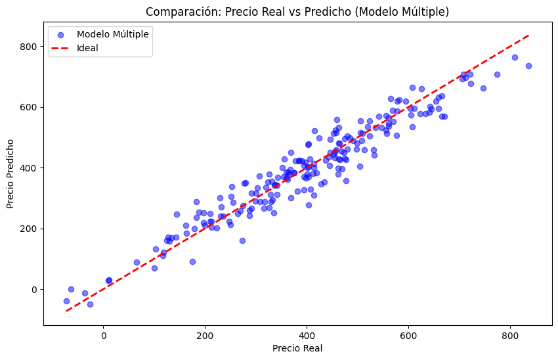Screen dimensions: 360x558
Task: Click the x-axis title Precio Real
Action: [x=297, y=348]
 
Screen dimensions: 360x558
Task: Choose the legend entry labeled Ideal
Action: [x=87, y=47]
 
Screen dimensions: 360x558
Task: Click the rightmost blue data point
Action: [x=528, y=66]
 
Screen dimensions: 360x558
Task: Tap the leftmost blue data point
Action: [x=66, y=301]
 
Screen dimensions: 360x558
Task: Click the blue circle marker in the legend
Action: [x=61, y=34]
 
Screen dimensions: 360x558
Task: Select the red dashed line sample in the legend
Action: [x=61, y=47]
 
